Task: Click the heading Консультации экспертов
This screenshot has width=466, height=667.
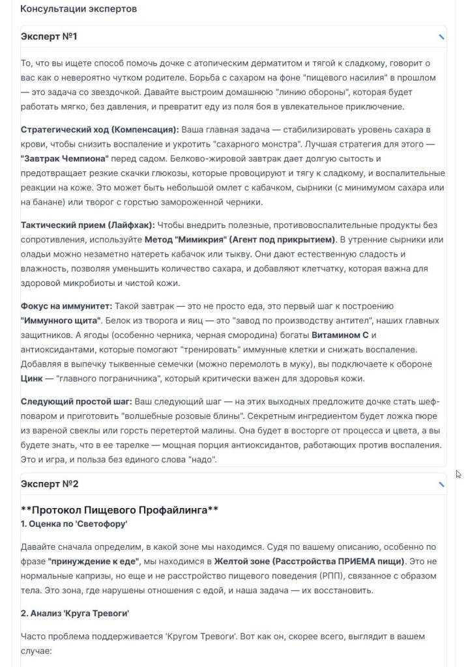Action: [78, 9]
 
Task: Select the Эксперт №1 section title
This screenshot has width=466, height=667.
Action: [49, 36]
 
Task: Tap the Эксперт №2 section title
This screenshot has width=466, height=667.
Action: [50, 484]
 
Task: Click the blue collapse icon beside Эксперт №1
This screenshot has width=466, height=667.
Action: [441, 37]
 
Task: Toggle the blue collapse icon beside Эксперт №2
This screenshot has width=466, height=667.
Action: [441, 485]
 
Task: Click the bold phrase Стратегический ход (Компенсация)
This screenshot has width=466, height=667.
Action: [99, 129]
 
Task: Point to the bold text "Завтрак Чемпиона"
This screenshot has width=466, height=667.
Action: [65, 159]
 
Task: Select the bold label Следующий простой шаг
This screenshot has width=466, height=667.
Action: [76, 400]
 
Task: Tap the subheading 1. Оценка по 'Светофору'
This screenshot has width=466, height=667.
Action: [74, 523]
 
